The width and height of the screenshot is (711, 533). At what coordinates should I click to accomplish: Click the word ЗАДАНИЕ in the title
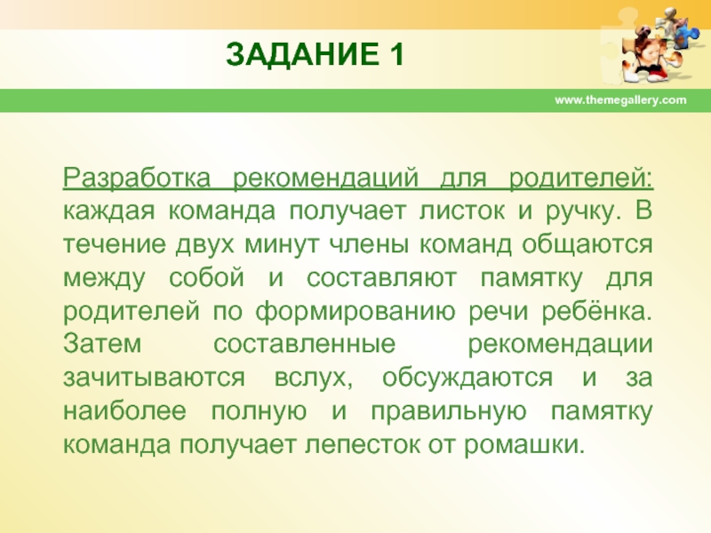tap(301, 54)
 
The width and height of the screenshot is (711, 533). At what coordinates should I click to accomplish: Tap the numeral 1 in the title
tap(395, 54)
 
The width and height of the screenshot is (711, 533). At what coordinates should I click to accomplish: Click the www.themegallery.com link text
tap(620, 100)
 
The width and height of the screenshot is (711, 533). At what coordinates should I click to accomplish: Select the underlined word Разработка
tap(137, 179)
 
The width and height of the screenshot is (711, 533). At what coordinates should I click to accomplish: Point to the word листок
tap(461, 211)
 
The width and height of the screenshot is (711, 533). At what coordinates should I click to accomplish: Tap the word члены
tap(368, 245)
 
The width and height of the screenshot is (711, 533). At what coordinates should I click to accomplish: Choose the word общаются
tap(587, 246)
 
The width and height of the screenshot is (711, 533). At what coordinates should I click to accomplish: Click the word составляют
tap(381, 278)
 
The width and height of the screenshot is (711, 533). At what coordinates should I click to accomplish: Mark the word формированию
tap(355, 313)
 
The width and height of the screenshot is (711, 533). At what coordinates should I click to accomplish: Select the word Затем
tap(102, 344)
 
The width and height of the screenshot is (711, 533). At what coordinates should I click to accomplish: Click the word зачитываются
tap(154, 377)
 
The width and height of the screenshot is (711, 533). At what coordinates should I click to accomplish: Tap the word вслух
tap(314, 378)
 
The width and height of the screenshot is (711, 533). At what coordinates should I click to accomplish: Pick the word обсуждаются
tap(467, 378)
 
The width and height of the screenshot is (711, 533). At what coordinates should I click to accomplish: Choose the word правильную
tap(449, 412)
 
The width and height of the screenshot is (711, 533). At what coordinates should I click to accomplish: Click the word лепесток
tap(363, 444)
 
